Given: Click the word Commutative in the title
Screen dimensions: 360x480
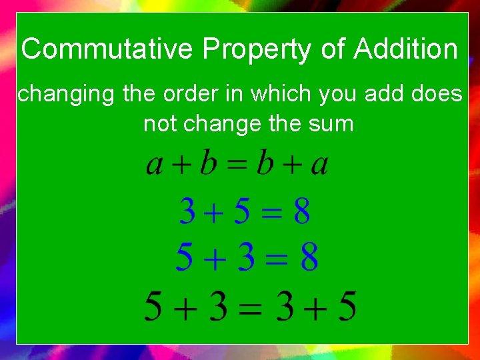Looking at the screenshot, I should pyautogui.click(x=107, y=50).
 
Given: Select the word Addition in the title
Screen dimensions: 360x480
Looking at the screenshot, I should pyautogui.click(x=406, y=50).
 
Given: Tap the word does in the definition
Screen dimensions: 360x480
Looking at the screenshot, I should pyautogui.click(x=438, y=95).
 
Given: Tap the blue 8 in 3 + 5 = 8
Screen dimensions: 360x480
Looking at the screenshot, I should pyautogui.click(x=301, y=213).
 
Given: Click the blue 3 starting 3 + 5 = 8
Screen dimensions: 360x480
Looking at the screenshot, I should pyautogui.click(x=187, y=213).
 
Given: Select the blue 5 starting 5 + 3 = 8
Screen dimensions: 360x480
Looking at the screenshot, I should pyautogui.click(x=184, y=258).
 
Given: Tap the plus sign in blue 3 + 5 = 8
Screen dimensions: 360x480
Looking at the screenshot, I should pyautogui.click(x=214, y=214).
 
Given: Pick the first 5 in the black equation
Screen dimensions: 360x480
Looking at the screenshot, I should pyautogui.click(x=155, y=307).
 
